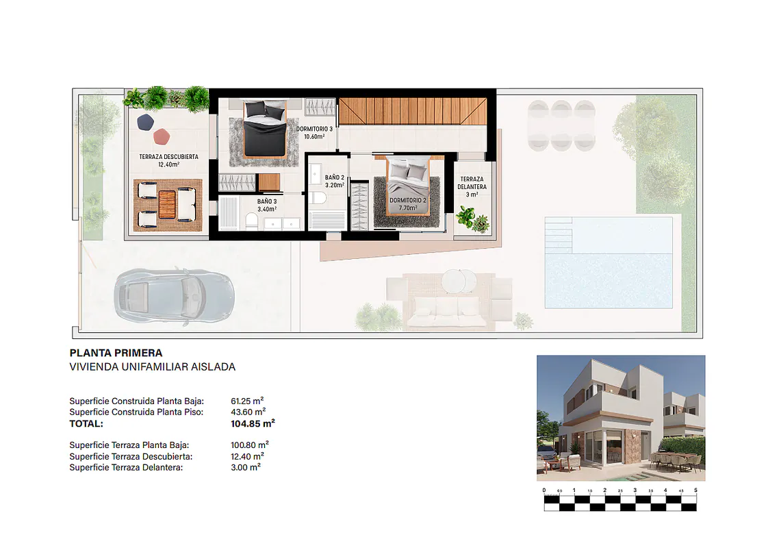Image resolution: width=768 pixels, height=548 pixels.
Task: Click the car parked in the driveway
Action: pos(174,297)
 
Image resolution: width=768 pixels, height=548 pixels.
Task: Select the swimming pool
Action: pos(609,263)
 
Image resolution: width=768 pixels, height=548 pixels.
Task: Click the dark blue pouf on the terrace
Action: pos(146,122)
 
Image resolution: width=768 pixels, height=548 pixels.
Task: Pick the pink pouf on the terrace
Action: pos(161,137)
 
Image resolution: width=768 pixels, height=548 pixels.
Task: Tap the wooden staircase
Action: pos(413,111)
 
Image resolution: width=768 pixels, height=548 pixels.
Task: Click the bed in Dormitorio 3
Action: pos(264,128)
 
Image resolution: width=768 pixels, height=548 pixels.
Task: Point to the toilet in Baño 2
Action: pos(319,198)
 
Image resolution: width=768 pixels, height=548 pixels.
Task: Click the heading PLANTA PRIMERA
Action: pos(116,353)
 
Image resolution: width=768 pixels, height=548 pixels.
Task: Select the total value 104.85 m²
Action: pos(253,423)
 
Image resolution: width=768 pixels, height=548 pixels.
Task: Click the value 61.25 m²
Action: pos(247,401)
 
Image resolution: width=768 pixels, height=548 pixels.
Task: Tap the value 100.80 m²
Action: pos(250,445)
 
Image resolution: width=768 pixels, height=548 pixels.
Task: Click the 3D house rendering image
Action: pos(621,418)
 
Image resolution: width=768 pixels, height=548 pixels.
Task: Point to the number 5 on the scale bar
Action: pos(695,490)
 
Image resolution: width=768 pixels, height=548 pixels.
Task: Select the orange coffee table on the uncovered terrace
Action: pos(167,205)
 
